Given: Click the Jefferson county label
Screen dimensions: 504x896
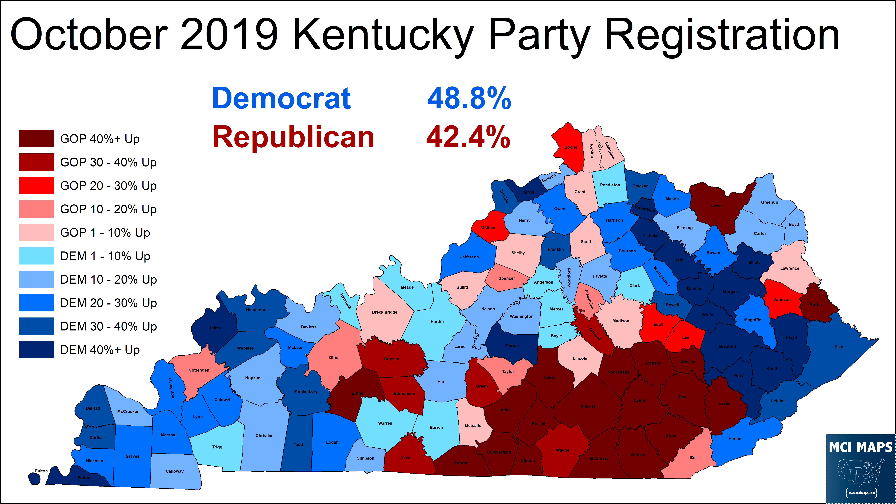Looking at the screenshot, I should (x=469, y=257).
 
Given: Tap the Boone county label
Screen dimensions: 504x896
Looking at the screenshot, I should (x=570, y=147).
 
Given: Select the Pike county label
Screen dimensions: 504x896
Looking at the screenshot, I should (x=839, y=347).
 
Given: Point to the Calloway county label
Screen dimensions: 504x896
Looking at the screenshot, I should (x=174, y=471).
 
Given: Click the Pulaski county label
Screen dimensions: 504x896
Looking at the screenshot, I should (x=587, y=407).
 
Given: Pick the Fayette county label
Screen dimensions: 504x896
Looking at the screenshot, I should (x=600, y=276).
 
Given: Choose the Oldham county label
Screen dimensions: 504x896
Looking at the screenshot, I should (x=488, y=227).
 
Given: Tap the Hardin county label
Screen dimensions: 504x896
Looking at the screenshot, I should (x=437, y=322).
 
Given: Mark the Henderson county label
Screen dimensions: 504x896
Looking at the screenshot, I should (x=257, y=310).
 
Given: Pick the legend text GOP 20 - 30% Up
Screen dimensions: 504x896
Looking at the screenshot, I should (x=108, y=186).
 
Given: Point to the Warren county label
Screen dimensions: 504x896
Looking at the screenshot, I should (x=385, y=423).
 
